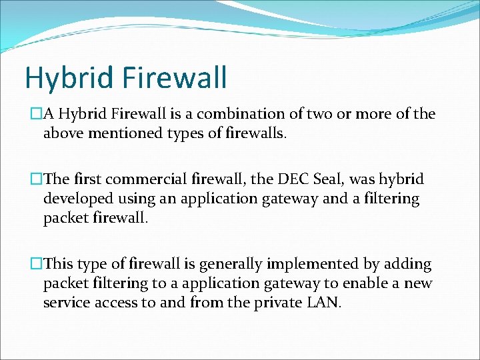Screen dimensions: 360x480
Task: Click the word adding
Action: (x=407, y=265)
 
